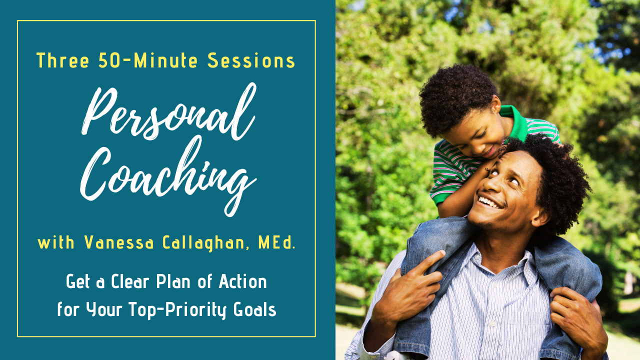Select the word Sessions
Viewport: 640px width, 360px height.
coord(251,60)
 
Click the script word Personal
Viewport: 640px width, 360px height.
coord(168,113)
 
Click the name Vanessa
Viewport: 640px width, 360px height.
coord(119,242)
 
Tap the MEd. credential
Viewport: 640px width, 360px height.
coord(276,242)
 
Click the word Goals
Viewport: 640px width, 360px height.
coord(255,309)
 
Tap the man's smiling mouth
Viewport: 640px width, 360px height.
coord(490,202)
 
